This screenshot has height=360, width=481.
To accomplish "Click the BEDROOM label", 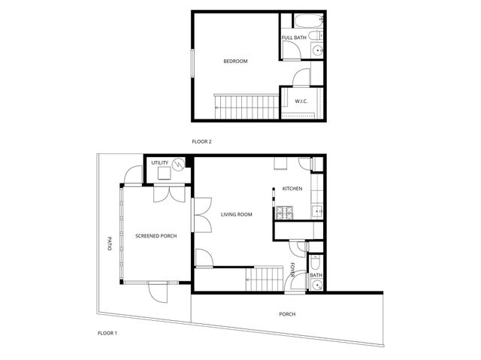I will [235, 62].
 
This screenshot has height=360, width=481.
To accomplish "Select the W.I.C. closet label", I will [301, 101].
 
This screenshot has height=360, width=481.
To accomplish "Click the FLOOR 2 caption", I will [202, 141].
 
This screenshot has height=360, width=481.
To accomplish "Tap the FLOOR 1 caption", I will [107, 333].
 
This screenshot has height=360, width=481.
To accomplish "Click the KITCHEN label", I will [292, 189].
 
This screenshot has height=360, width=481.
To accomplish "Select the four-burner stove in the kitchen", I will [286, 213].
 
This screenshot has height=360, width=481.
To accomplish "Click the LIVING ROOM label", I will [236, 215].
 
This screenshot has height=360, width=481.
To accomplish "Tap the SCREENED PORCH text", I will [156, 236].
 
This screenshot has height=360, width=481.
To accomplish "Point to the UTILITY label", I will [159, 162].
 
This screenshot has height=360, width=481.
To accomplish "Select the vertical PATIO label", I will [109, 244].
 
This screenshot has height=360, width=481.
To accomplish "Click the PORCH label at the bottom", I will [287, 314].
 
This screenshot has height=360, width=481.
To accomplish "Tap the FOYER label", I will [293, 269].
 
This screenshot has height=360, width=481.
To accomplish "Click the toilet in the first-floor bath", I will [316, 263].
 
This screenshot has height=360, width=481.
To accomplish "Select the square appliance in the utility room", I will [163, 174].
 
